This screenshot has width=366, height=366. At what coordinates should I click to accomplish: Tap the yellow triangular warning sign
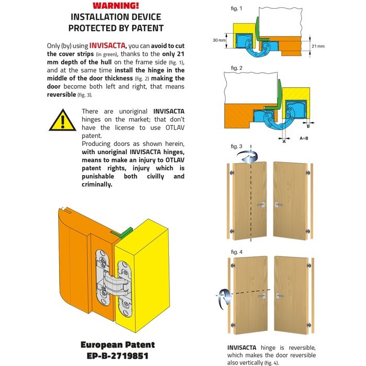pos(62,120)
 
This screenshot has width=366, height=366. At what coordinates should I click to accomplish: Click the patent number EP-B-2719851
pos(118,356)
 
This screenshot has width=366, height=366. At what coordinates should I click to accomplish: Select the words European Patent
pos(118,345)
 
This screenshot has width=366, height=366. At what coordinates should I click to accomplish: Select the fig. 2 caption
pos(236,68)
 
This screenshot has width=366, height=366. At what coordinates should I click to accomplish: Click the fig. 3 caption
pos(236,146)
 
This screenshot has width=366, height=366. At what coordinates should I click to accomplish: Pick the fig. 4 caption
pos(236,252)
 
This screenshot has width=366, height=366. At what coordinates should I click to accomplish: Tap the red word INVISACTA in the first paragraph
pos(108,45)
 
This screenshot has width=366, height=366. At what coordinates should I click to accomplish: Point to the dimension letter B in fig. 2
pos(308,126)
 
